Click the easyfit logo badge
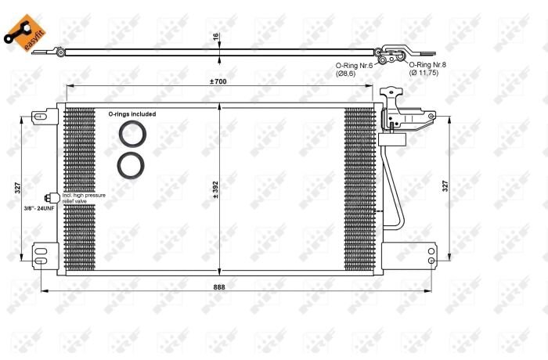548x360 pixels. point(25,33)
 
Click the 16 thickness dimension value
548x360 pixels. point(215,36)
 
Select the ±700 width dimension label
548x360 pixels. point(218,81)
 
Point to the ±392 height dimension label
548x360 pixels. point(215,190)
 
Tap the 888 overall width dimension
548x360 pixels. point(219,286)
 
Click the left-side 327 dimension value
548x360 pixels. point(18,188)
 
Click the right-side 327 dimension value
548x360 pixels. point(445,186)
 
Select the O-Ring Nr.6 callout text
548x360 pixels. point(354,66)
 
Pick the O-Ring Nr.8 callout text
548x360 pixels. point(427,65)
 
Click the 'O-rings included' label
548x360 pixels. point(132,114)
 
